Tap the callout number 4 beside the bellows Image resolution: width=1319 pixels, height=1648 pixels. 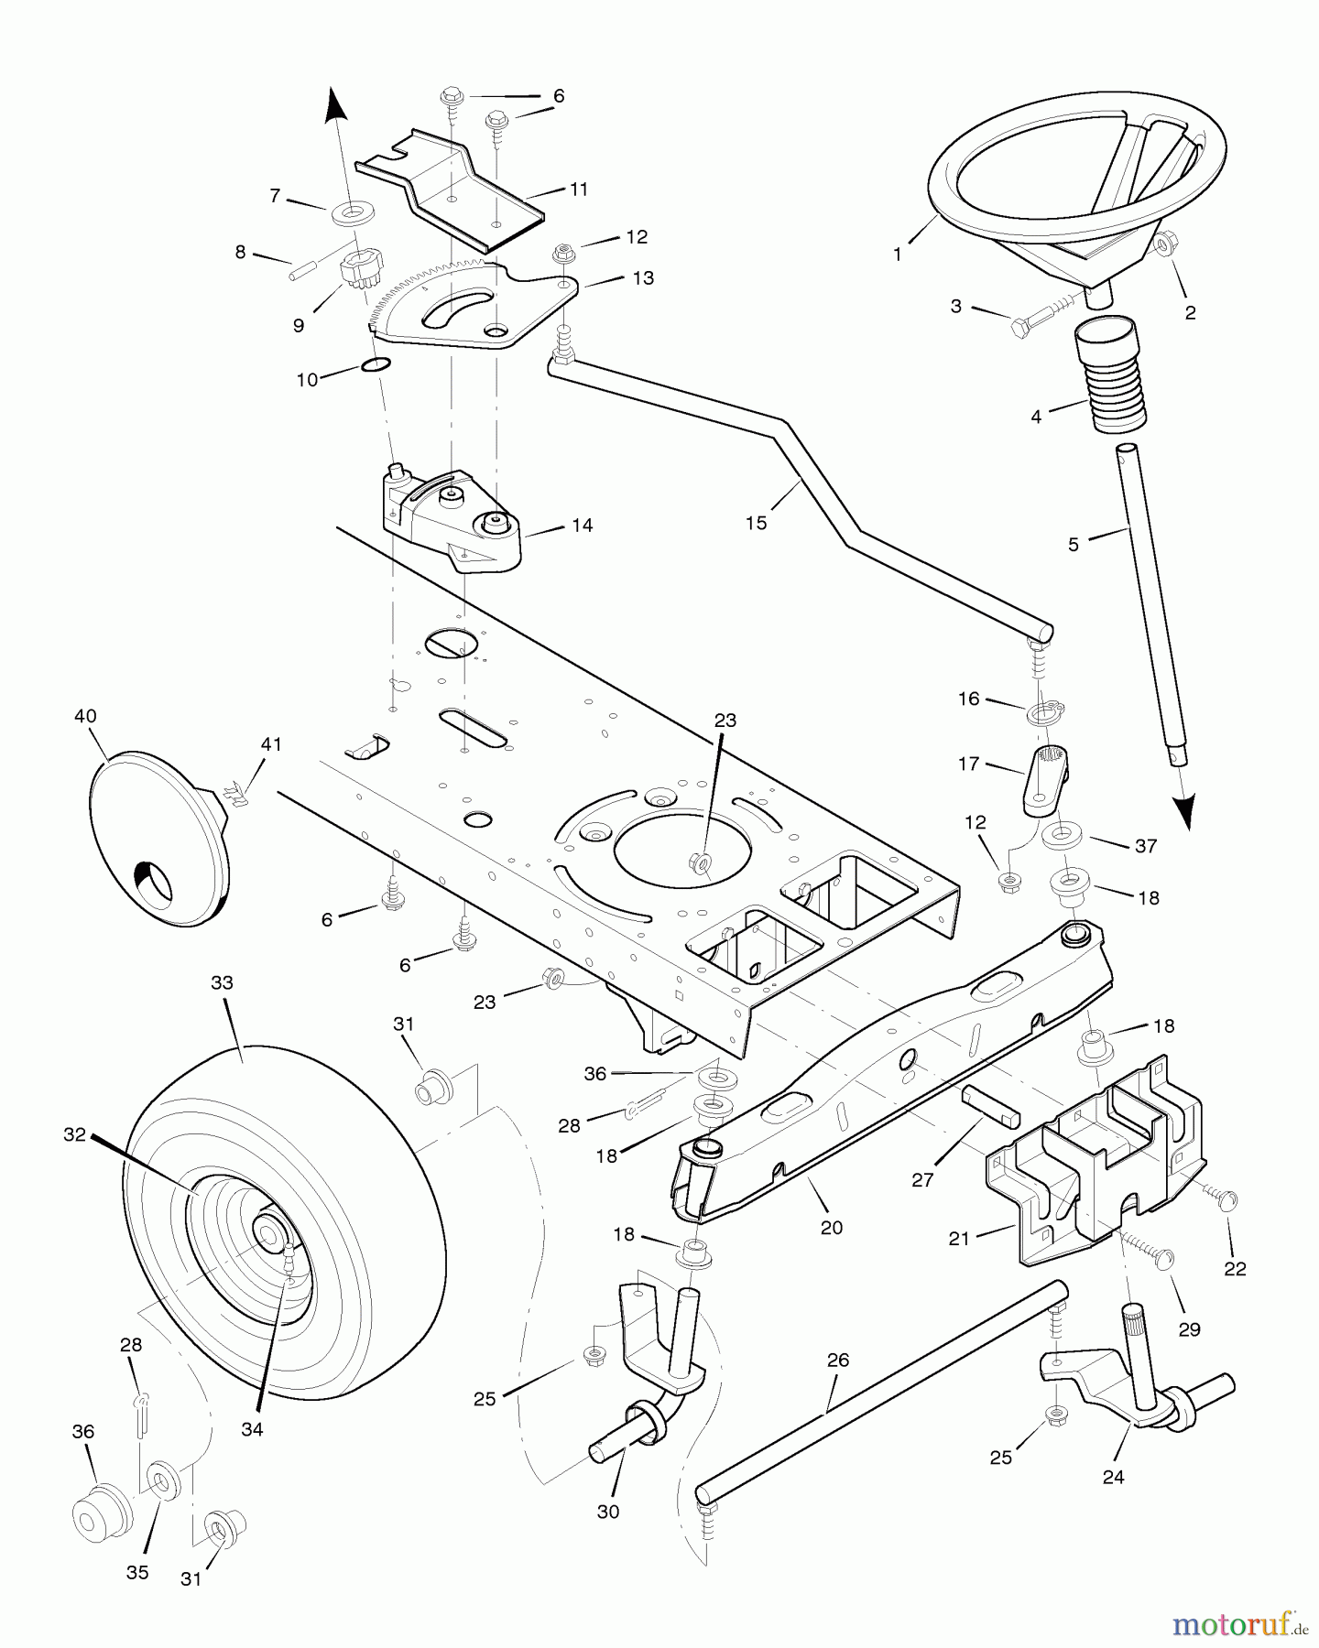coord(1036,417)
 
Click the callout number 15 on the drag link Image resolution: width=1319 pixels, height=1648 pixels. coord(756,523)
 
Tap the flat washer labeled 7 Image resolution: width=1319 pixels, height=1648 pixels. coord(352,214)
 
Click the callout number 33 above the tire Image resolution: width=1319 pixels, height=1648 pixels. coord(222,982)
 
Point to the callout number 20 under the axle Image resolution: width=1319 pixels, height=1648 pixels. coord(831,1228)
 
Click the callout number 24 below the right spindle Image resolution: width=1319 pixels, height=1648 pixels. coord(1113,1477)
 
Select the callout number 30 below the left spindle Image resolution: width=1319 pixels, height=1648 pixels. coord(608,1512)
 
